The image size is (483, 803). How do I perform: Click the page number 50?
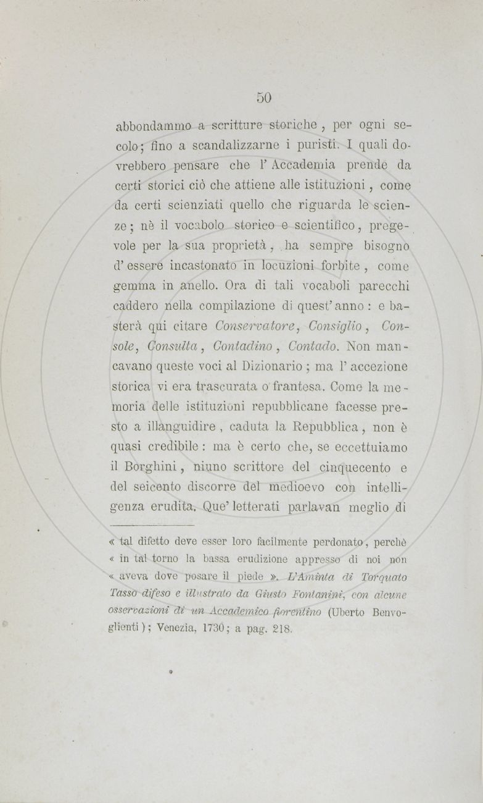(264, 97)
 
